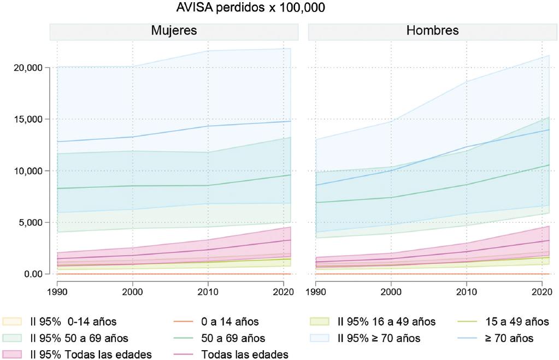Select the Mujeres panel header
174,31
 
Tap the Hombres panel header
432,31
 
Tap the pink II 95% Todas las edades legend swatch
12,355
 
